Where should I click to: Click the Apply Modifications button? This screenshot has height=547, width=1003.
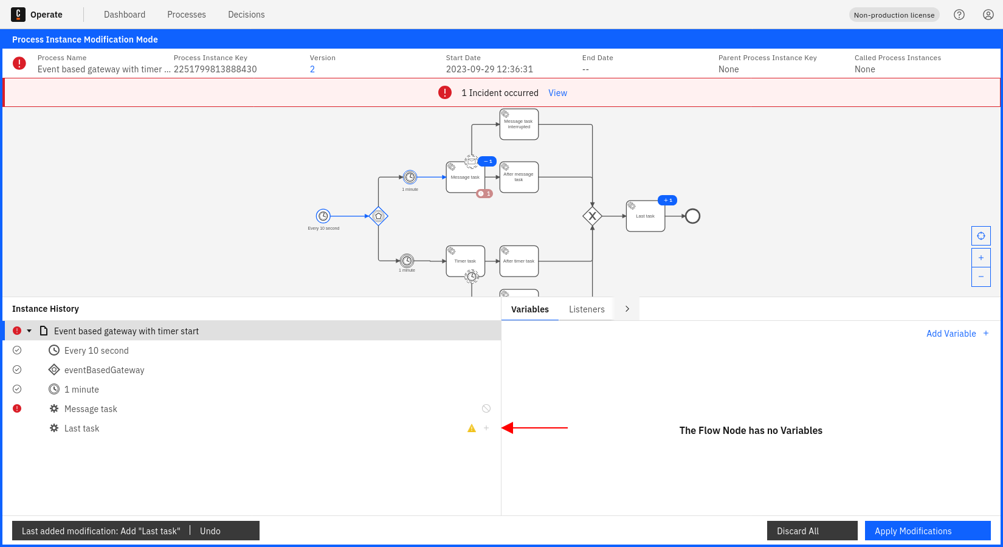(927, 531)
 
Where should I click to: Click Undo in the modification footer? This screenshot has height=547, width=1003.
(210, 531)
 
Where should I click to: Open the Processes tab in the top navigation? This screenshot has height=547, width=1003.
(187, 15)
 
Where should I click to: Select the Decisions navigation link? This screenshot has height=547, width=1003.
(246, 15)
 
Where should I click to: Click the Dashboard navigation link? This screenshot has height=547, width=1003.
(125, 15)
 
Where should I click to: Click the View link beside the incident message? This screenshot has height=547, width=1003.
(557, 93)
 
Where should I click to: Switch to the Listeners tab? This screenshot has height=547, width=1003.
(587, 309)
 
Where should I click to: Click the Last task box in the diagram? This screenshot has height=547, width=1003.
(645, 216)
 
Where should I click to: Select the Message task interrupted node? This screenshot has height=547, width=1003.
(519, 125)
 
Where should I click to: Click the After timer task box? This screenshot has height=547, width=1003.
(519, 261)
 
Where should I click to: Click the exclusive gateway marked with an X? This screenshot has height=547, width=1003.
(592, 216)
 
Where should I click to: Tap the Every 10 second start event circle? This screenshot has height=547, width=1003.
(323, 216)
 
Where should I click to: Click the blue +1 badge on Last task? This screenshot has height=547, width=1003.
(667, 201)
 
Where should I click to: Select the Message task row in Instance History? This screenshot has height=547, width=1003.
(91, 409)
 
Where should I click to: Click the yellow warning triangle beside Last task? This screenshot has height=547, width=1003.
(472, 428)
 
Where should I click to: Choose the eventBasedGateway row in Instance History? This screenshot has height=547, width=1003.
(104, 370)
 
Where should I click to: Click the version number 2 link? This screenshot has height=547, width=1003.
(312, 69)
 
